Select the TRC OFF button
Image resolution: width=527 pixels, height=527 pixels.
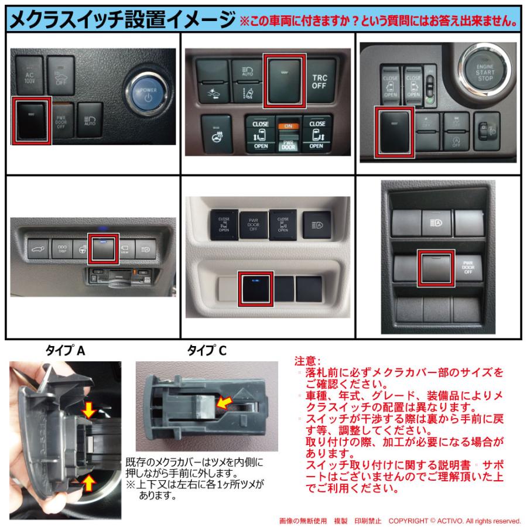point(319,80)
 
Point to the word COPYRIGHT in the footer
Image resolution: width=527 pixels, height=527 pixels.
point(413,521)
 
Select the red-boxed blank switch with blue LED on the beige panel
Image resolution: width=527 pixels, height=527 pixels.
point(255,288)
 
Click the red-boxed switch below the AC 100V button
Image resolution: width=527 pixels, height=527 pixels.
point(32,121)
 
